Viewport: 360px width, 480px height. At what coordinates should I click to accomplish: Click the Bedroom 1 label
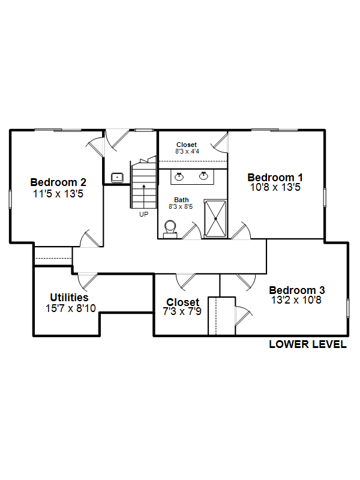[x=275, y=178]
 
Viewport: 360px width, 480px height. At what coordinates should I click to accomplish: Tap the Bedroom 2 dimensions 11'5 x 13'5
[x=58, y=194]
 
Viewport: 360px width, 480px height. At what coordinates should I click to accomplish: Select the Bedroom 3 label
[x=296, y=290]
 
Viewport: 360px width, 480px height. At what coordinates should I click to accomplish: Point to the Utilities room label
[x=69, y=298]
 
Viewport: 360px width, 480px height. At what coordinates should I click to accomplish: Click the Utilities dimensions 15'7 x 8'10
[x=71, y=308]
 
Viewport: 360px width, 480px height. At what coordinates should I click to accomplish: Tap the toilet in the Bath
[x=170, y=229]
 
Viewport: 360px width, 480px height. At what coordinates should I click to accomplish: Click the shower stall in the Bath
[x=215, y=218]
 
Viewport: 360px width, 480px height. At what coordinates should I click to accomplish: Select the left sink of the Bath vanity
[x=179, y=176]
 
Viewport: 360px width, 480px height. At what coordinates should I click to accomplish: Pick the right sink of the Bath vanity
[x=203, y=176]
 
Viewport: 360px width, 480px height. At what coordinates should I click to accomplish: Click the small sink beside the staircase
[x=117, y=178]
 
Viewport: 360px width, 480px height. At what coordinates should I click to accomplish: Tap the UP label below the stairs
[x=143, y=215]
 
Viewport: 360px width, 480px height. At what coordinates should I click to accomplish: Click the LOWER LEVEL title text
[x=308, y=344]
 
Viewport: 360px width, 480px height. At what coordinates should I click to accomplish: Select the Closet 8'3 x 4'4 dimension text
[x=187, y=151]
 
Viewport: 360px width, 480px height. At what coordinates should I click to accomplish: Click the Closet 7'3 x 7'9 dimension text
[x=182, y=311]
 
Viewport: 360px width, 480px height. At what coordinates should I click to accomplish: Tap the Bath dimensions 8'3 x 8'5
[x=181, y=206]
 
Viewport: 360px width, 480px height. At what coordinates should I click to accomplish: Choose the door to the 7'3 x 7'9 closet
[x=185, y=281]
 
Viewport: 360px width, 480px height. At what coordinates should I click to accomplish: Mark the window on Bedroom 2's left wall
[x=10, y=199]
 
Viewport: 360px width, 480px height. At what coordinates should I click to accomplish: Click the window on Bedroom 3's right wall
[x=348, y=308]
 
